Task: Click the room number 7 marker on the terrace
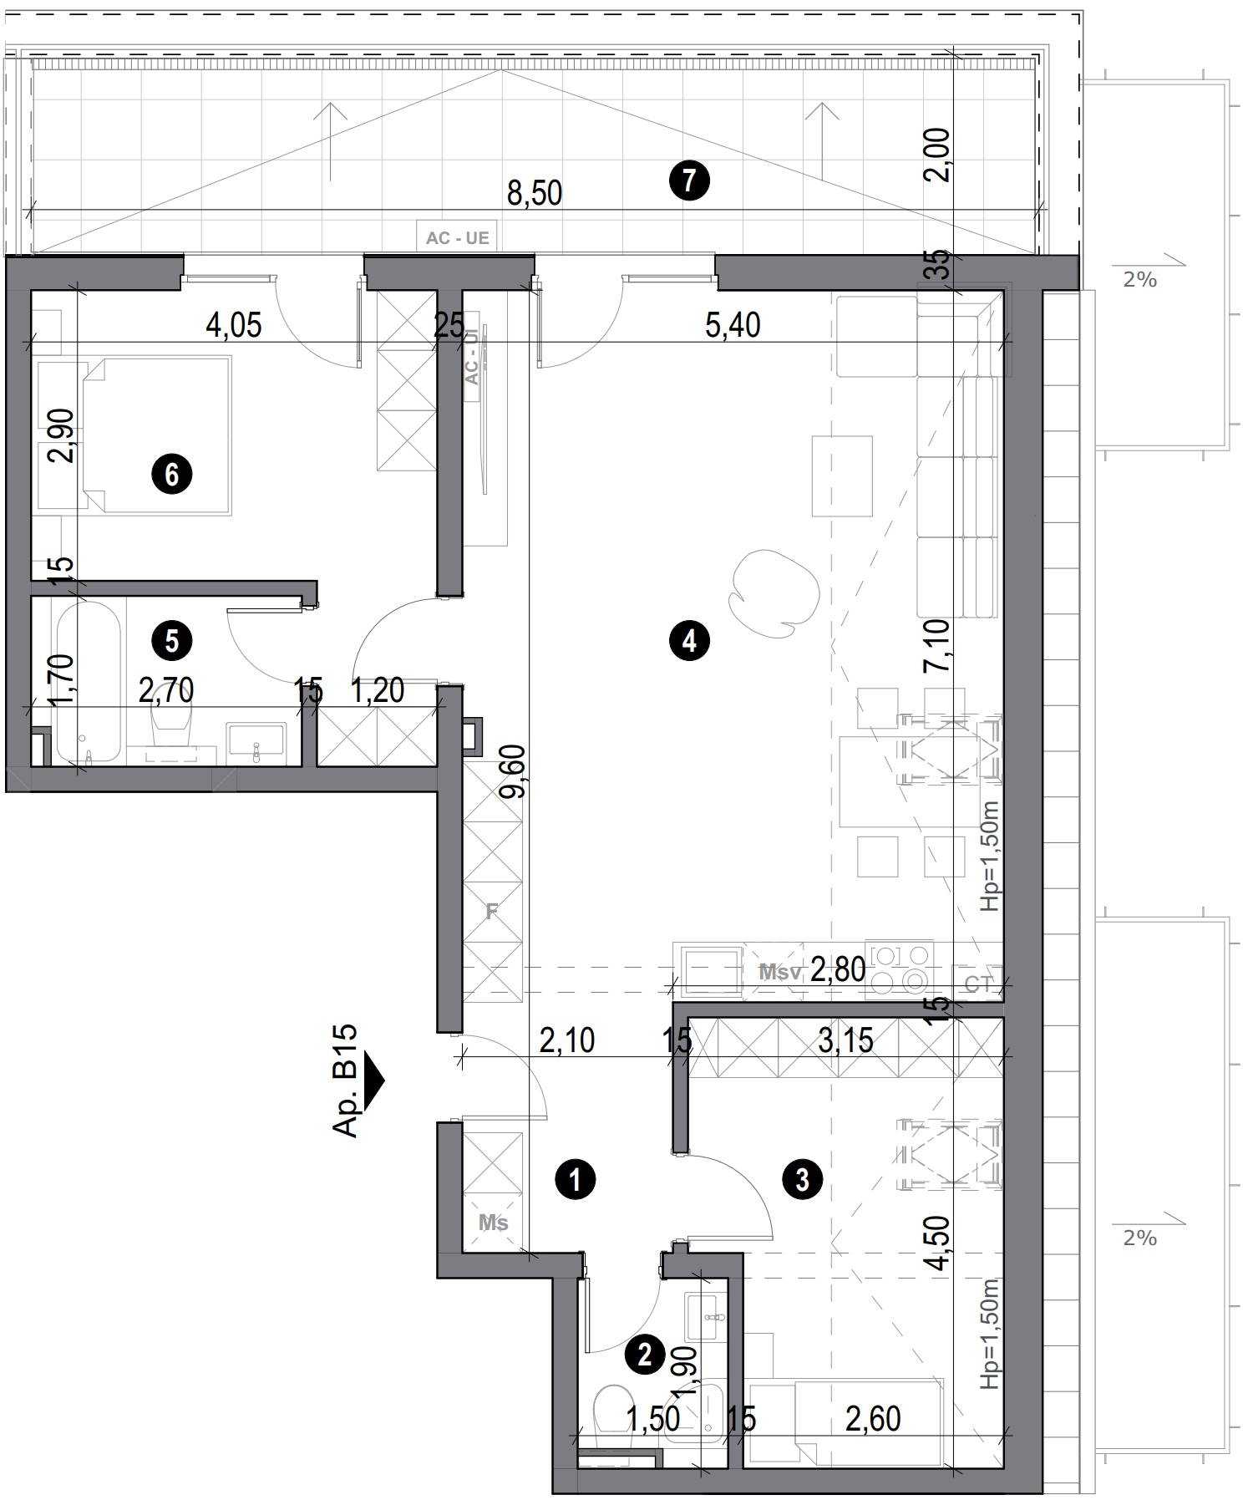(689, 180)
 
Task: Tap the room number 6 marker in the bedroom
(171, 474)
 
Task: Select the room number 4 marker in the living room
(689, 641)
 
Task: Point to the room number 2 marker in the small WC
(645, 1355)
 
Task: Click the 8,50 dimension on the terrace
(535, 193)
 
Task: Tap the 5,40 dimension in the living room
(733, 325)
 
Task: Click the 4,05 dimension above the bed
(234, 325)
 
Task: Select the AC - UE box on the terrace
(457, 237)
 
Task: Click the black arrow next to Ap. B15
(373, 1081)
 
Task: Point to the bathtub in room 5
(87, 681)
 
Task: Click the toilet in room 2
(614, 1411)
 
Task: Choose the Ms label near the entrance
(493, 1223)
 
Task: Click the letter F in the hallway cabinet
(492, 911)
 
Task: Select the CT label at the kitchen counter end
(978, 984)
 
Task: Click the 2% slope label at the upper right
(1139, 280)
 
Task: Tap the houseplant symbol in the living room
(773, 592)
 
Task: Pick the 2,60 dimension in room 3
(873, 1419)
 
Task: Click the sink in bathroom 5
(256, 742)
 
